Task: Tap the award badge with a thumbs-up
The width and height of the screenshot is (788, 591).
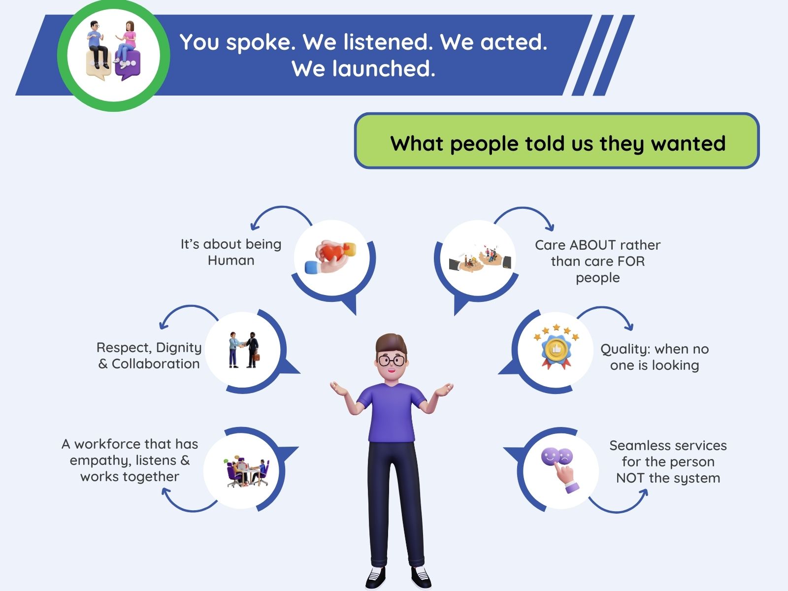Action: pos(556,348)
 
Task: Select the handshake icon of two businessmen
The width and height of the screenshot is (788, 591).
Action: pos(244,350)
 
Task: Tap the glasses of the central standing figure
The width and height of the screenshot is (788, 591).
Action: pos(392,360)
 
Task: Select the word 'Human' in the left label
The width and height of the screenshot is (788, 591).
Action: pos(231,261)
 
